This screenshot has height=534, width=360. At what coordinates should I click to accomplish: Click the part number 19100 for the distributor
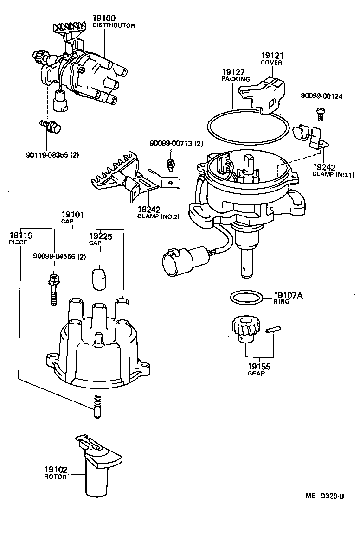click(104, 19)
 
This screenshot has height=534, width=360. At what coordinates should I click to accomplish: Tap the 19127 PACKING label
click(235, 75)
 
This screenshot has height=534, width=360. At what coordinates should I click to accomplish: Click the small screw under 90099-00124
click(320, 110)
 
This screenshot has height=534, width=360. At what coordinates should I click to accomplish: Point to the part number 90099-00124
click(321, 96)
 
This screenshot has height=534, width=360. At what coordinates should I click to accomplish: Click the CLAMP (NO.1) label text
click(333, 174)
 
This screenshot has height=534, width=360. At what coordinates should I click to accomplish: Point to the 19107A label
click(288, 295)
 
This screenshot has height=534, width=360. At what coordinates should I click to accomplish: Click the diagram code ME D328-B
click(324, 496)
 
